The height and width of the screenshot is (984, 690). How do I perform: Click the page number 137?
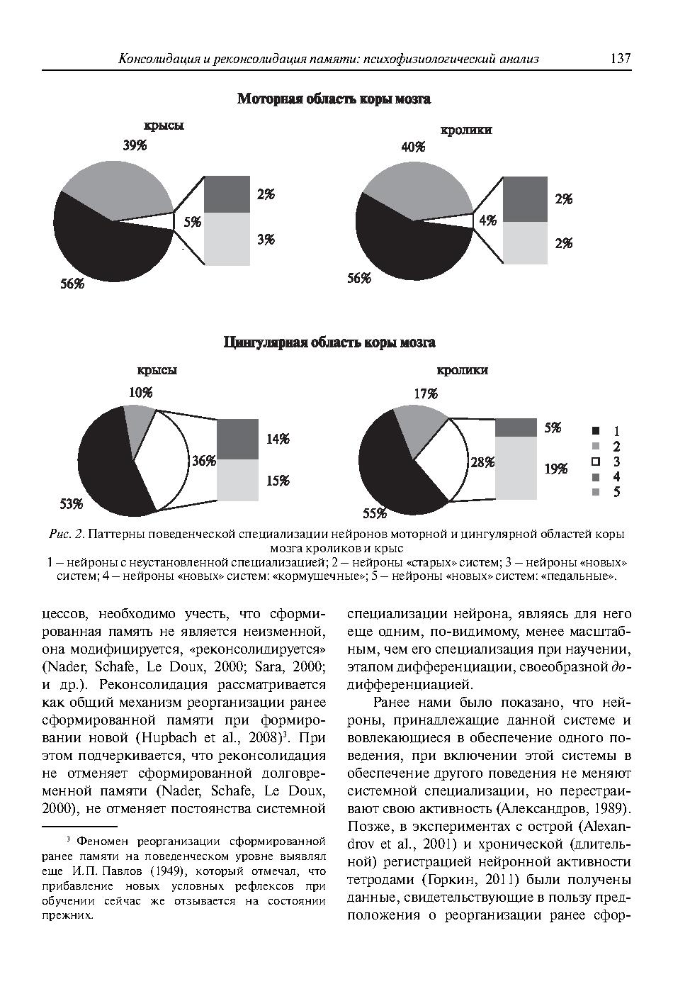point(619,59)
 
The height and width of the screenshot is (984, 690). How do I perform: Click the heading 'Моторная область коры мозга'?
point(334,99)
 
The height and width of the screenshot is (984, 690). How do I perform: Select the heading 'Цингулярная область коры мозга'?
point(329,343)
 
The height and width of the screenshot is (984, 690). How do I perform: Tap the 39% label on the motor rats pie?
point(135,146)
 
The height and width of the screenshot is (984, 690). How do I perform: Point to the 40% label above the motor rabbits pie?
point(413,147)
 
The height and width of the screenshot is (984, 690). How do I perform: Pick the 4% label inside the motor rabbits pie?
point(487,220)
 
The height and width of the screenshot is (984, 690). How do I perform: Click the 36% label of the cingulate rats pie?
point(204,461)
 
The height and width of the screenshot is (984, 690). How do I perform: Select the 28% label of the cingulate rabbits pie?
point(482,462)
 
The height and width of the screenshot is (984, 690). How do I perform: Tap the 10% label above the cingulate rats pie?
point(140,393)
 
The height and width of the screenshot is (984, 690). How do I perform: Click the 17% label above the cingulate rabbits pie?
point(426,393)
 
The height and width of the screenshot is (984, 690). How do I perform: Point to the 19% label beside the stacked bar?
point(556,469)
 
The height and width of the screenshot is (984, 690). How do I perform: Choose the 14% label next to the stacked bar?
point(278,440)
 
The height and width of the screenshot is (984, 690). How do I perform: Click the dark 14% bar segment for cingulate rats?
point(237,440)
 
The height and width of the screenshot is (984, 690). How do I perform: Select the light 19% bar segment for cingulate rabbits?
point(516,468)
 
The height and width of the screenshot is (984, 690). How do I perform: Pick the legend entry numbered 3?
point(606,462)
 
